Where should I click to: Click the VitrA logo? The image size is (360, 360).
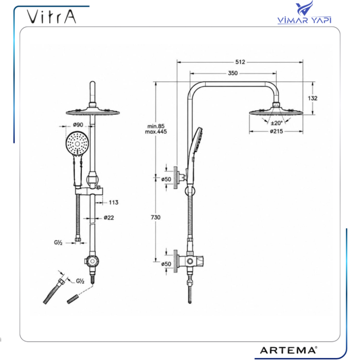(x=51, y=17)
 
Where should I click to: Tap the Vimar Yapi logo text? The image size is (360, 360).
(x=304, y=20)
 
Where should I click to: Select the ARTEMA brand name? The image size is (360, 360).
(x=289, y=350)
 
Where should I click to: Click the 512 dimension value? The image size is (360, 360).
(x=240, y=62)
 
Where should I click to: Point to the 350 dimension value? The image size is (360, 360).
(x=232, y=73)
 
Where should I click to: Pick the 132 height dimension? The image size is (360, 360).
(x=313, y=98)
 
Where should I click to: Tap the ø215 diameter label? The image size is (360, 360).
(x=277, y=131)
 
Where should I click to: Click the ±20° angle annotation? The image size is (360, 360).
(x=277, y=123)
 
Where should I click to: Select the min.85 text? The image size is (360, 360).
(x=156, y=127)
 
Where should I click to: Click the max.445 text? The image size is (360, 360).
(x=156, y=132)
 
